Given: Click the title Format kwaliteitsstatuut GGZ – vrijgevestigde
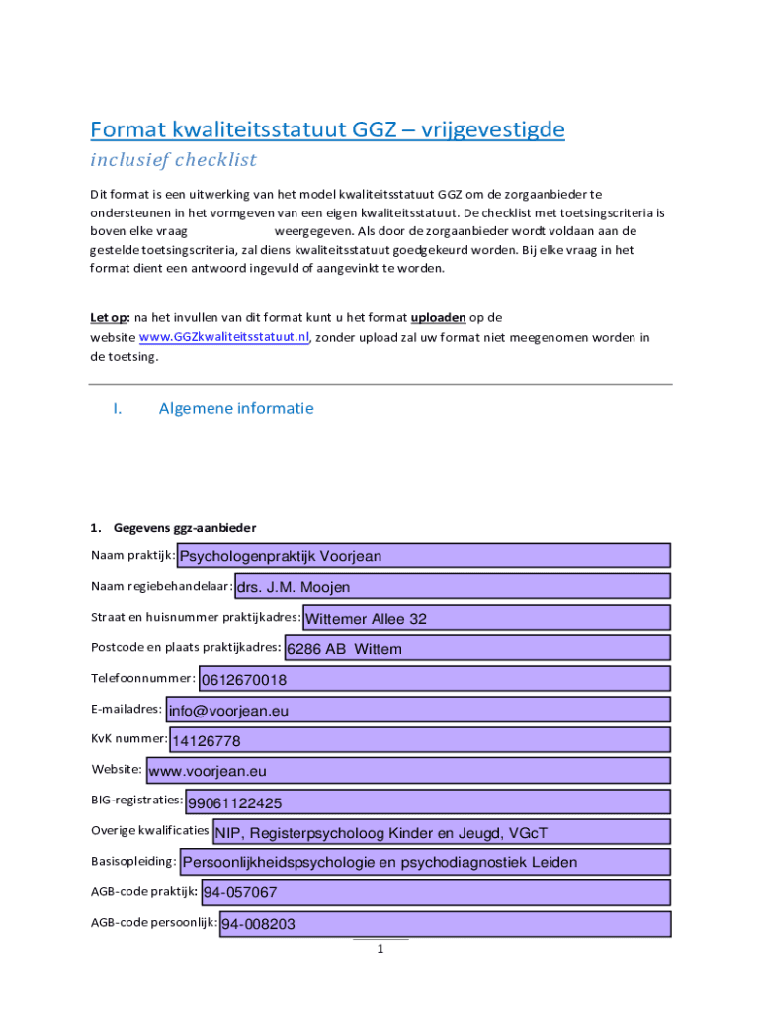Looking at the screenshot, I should pyautogui.click(x=327, y=130).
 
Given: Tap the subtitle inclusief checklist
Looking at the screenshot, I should pyautogui.click(x=173, y=160).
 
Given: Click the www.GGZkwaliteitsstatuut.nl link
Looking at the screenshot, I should pyautogui.click(x=224, y=337).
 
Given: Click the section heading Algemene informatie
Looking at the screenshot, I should pyautogui.click(x=236, y=408).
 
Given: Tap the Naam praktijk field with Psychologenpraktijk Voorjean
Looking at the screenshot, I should pyautogui.click(x=423, y=555).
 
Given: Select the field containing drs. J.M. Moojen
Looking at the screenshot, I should pyautogui.click(x=452, y=587).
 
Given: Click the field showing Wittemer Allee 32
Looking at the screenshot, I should pyautogui.click(x=485, y=618).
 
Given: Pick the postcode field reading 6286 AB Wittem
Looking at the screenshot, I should pyautogui.click(x=476, y=648).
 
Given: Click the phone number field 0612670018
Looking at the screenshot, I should pyautogui.click(x=434, y=679).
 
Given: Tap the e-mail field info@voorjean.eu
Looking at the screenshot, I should pyautogui.click(x=417, y=710).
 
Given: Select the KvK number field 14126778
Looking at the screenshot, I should pyautogui.click(x=419, y=740).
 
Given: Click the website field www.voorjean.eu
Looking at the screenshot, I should pyautogui.click(x=406, y=771).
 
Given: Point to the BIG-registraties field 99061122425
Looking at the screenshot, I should pyautogui.click(x=427, y=801).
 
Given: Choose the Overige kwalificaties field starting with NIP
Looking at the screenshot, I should pyautogui.click(x=441, y=832).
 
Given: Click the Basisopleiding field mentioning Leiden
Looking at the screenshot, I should pyautogui.click(x=424, y=862).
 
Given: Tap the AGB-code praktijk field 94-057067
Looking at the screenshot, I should pyautogui.click(x=435, y=893).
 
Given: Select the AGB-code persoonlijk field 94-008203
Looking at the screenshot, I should pyautogui.click(x=444, y=924).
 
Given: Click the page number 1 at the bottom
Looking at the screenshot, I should pyautogui.click(x=380, y=950).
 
